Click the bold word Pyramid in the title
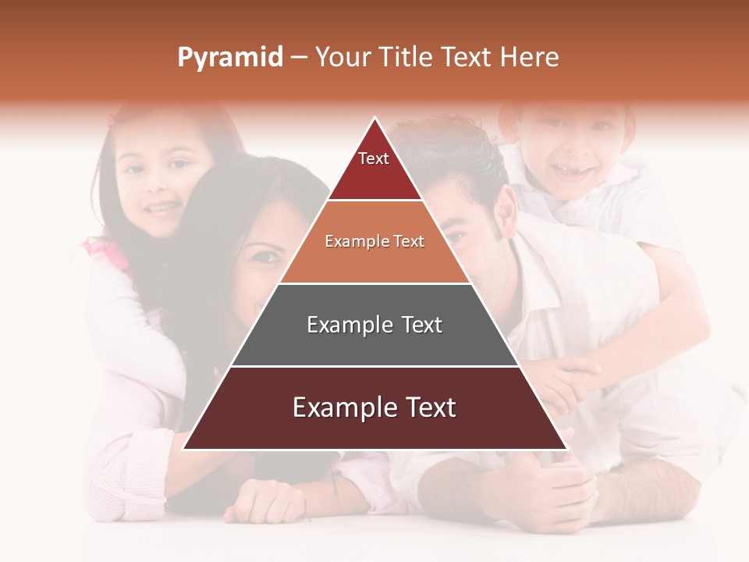pos(229,58)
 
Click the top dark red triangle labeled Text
pos(374,168)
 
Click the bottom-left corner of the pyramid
pos(185,448)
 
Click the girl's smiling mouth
pos(162,208)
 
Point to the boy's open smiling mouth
pos(572,173)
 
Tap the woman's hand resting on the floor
pos(261,500)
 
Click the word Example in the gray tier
pos(341,325)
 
